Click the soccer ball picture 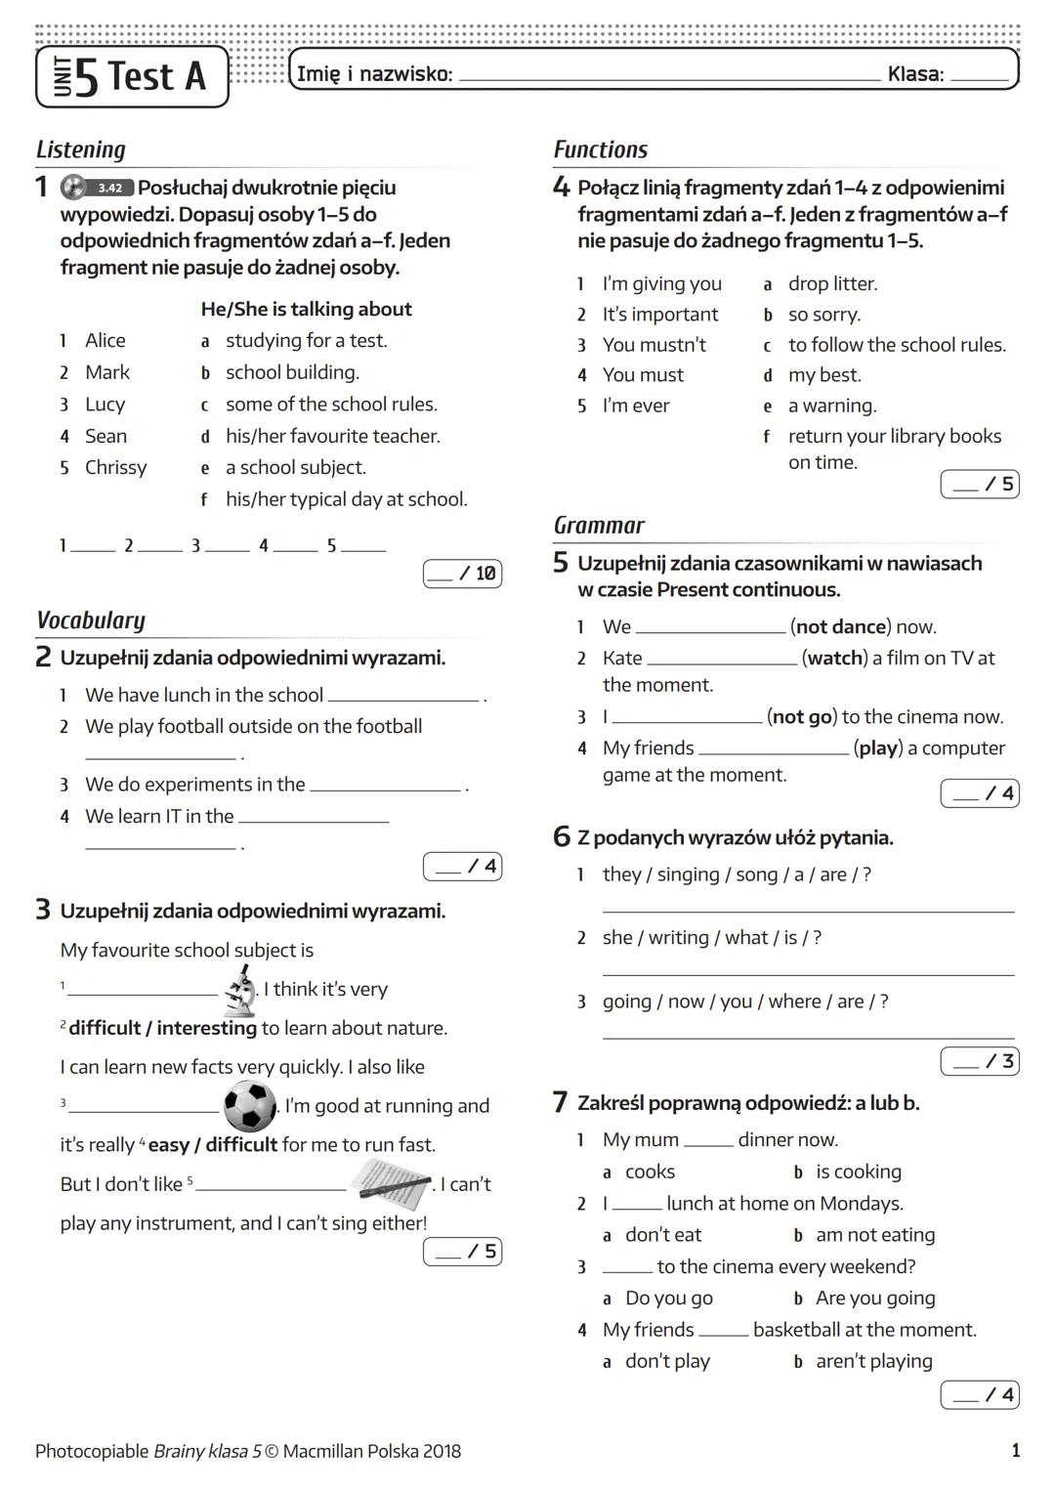pos(250,1105)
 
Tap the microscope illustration pos(240,991)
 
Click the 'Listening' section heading pos(81,149)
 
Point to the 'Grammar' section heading pos(599,526)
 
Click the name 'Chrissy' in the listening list pos(115,468)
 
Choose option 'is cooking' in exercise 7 pos(859,1172)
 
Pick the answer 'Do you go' pos(669,1299)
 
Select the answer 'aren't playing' pos(874,1362)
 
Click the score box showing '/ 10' pos(463,574)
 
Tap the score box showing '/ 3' pos(980,1062)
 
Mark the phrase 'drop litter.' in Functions pos(832,284)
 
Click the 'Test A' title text pos(157,76)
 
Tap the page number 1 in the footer pos(1015,1451)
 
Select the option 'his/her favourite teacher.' pos(332,437)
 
